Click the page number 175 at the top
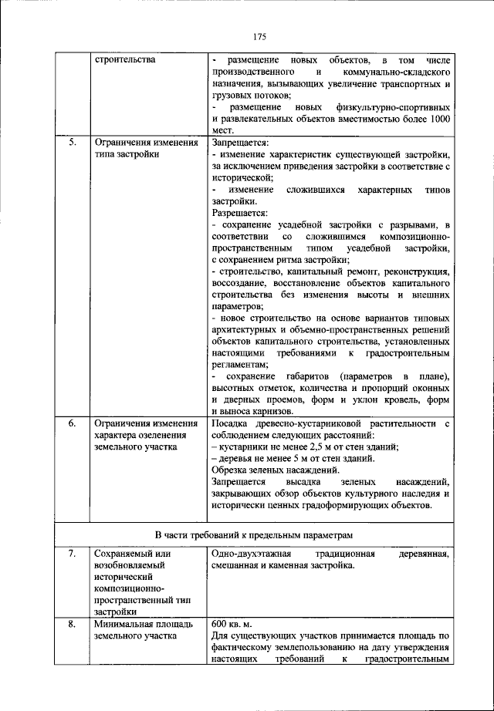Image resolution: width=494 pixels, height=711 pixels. tap(259, 36)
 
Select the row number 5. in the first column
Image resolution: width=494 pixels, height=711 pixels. tap(71, 143)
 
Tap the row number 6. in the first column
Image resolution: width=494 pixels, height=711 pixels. tap(71, 423)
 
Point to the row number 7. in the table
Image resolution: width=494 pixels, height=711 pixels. tap(71, 554)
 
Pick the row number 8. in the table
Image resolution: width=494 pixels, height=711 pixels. tap(71, 624)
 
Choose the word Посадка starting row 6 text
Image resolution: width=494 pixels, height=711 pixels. tap(230, 423)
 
